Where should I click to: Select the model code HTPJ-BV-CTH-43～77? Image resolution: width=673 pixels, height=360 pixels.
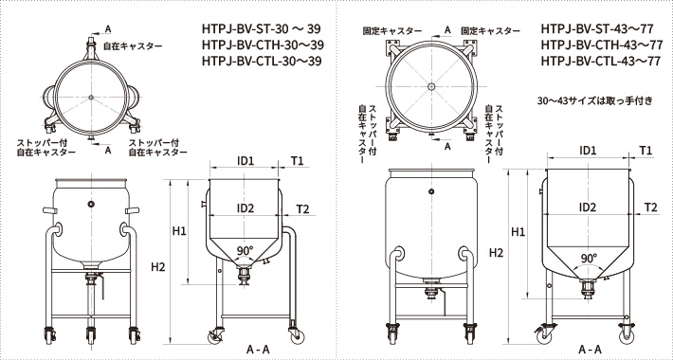tap(600, 45)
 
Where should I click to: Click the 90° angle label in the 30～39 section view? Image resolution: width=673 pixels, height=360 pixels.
tap(246, 251)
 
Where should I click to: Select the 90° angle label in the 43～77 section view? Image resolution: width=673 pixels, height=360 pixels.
tap(589, 257)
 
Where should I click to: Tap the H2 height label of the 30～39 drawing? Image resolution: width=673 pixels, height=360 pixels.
tap(158, 267)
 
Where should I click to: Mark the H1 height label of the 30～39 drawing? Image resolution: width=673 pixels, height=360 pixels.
tap(180, 230)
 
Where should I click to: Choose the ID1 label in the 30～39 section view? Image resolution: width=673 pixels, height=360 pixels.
tap(246, 160)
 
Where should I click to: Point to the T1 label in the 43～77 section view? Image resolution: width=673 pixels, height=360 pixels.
tap(646, 151)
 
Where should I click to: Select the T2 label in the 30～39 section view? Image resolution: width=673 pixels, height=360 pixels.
tap(303, 207)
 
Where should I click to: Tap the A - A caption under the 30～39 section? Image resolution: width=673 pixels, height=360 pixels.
tap(257, 350)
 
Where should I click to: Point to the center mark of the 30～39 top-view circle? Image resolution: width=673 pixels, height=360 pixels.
tap(91, 98)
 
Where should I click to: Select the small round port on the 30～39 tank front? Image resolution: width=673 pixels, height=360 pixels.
tap(91, 205)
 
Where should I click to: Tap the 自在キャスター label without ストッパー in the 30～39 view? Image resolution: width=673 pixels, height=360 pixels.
tap(132, 45)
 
